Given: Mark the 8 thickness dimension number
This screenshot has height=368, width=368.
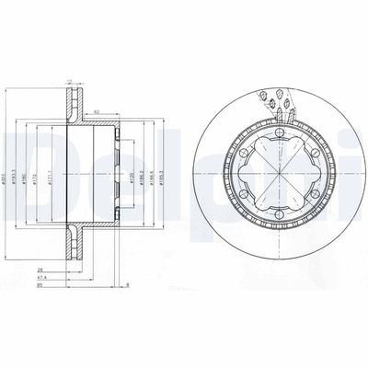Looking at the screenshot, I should tap(128, 285).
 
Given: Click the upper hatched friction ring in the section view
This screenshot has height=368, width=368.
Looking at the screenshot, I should tap(74, 98).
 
